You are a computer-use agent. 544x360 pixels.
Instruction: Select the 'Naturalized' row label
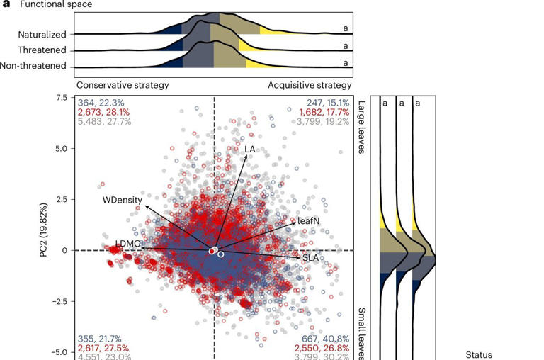pos(42,34)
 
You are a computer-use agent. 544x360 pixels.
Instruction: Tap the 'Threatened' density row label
pos(43,50)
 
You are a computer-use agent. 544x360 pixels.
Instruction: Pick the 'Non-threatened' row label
pos(37,67)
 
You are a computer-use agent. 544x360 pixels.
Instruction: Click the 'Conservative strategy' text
pos(123,85)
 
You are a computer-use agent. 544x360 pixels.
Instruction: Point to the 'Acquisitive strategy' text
pos(310,85)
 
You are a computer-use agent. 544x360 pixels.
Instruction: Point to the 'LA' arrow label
pos(249,150)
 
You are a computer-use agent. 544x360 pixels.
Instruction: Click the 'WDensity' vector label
pos(123,200)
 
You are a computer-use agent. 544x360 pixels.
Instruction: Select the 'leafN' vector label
pos(309,221)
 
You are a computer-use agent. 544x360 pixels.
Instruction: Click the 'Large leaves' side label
pos(361,127)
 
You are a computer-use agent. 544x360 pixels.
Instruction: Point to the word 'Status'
pos(479,354)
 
